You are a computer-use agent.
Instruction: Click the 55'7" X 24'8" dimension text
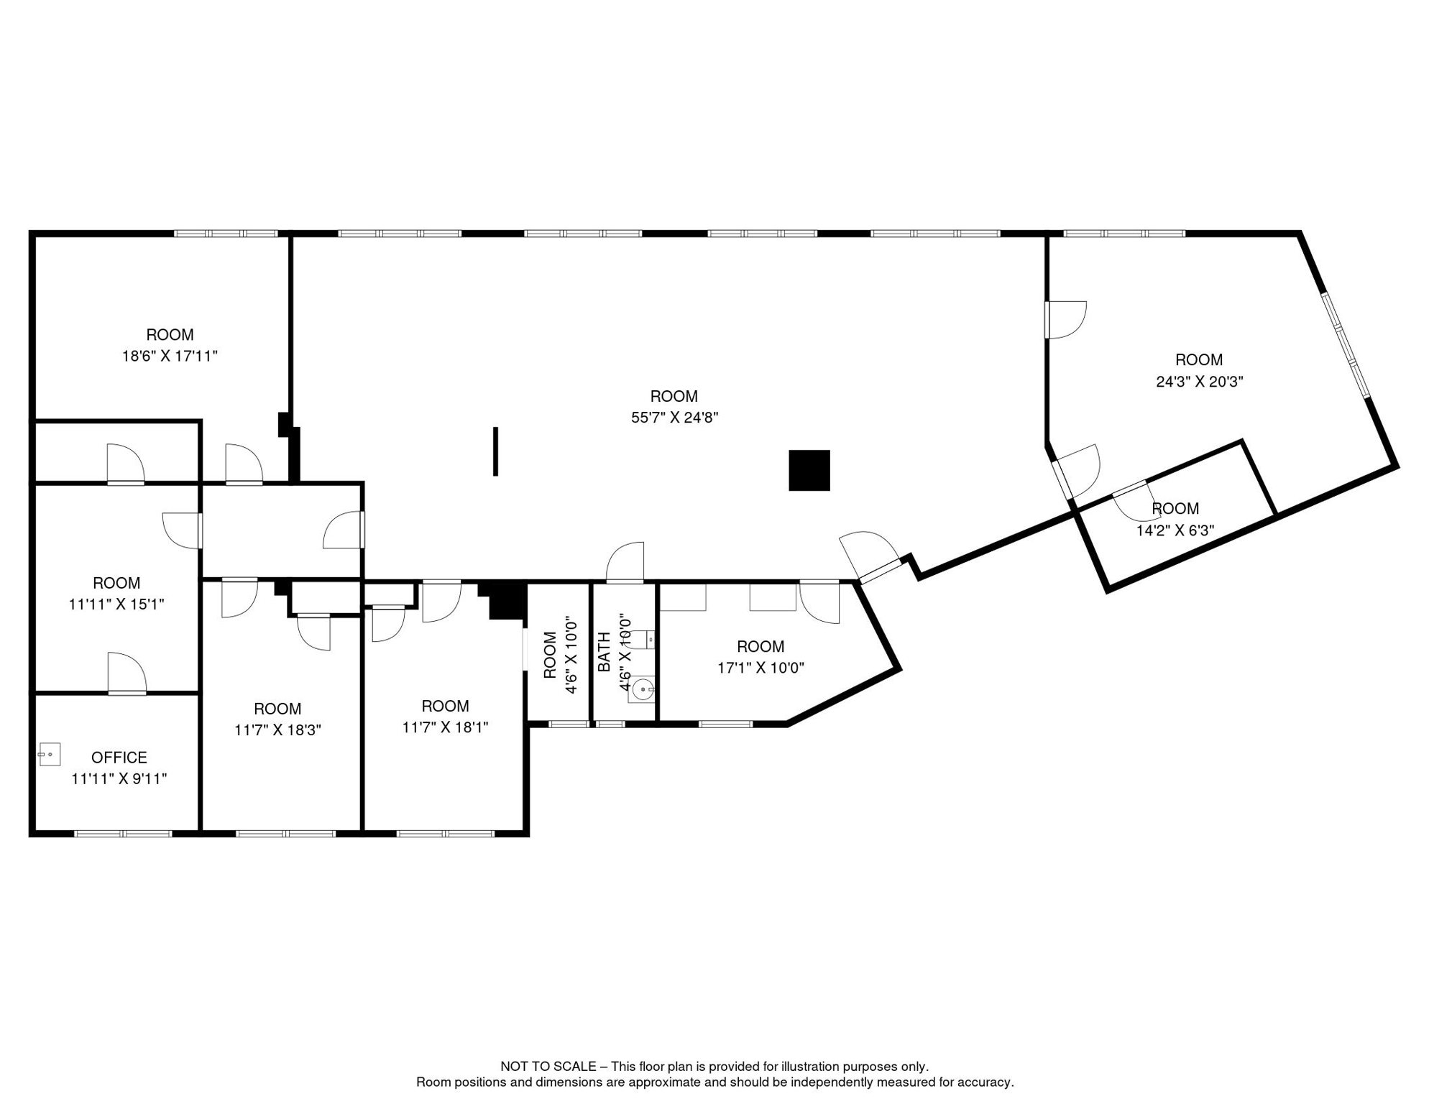coord(674,418)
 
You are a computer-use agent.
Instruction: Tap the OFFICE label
coord(119,758)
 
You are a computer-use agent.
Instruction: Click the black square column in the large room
coord(809,471)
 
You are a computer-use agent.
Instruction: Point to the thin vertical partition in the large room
coord(495,451)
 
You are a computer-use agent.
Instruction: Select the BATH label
coord(605,652)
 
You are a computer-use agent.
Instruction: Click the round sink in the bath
coord(642,690)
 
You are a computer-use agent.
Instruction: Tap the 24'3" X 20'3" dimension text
coord(1199,382)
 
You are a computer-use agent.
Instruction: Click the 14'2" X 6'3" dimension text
coord(1175,530)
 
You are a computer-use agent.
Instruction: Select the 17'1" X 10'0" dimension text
coord(761,668)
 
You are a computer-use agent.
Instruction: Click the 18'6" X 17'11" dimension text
coord(170,356)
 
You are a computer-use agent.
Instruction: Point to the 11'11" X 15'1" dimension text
coord(116,604)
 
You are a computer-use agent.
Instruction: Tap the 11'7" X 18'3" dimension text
coord(277,730)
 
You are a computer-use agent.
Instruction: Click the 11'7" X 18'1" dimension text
coord(445,727)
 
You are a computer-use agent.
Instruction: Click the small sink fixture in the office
coord(49,755)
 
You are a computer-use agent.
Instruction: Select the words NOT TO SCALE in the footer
coord(548,1067)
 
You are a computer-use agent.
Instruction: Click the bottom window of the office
coord(123,834)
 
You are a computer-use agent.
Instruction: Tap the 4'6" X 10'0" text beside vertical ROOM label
coord(572,655)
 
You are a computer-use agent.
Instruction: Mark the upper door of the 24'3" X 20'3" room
coord(1065,320)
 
